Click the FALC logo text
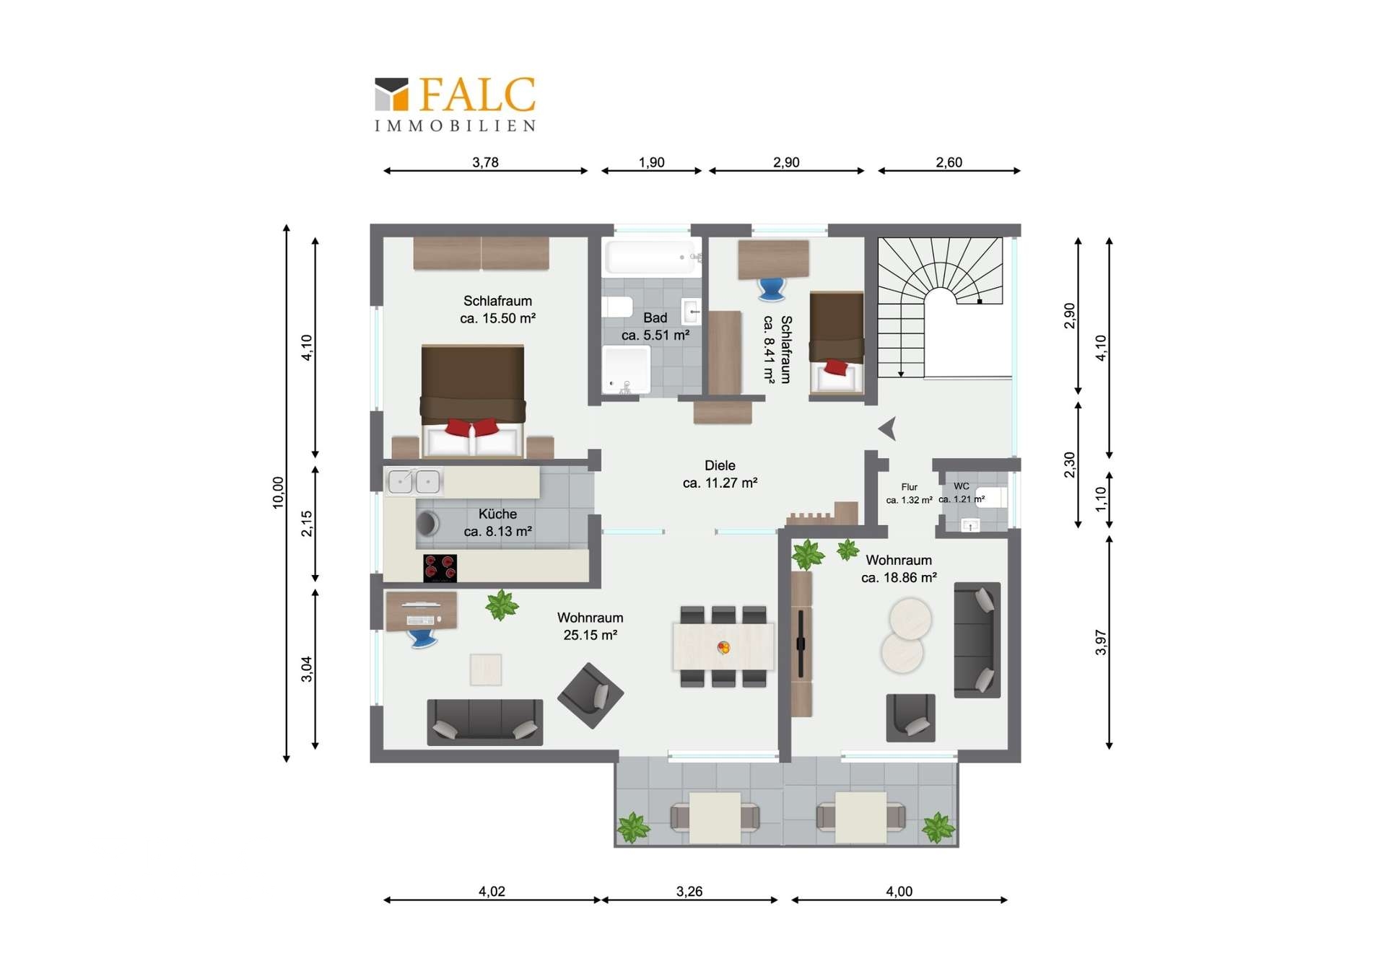click(477, 95)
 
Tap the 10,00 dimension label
click(279, 493)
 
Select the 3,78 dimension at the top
click(485, 162)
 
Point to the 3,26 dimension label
click(689, 892)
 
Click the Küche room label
click(497, 514)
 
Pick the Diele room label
click(720, 465)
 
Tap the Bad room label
click(655, 317)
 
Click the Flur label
click(909, 487)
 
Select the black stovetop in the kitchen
click(440, 568)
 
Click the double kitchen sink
click(414, 481)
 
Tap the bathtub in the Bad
click(653, 257)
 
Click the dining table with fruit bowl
click(723, 647)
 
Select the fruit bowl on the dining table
click(723, 647)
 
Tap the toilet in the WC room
click(992, 497)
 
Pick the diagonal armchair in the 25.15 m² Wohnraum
click(590, 695)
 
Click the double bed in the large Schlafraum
click(473, 401)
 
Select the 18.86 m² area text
click(899, 577)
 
